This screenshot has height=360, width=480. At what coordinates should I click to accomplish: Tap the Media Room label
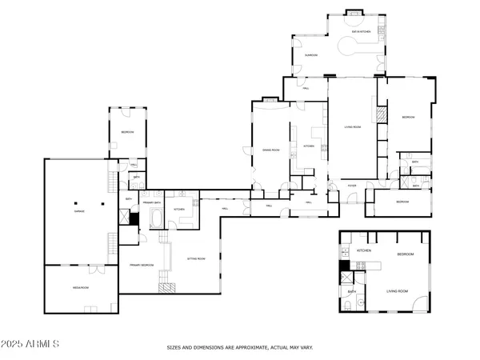tap(80, 285)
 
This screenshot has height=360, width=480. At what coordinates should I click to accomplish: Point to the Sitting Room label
tap(196, 258)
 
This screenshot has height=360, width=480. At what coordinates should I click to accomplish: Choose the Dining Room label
tap(270, 150)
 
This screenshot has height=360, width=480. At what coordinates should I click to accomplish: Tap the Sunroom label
tap(311, 54)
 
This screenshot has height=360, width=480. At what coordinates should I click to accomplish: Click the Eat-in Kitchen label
tap(360, 31)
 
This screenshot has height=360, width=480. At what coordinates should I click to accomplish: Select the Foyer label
tap(351, 186)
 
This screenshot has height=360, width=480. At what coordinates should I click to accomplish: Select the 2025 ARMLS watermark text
tap(30, 344)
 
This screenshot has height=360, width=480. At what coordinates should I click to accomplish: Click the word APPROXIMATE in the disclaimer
tap(257, 347)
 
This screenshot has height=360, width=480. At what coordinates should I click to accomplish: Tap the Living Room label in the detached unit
tap(398, 291)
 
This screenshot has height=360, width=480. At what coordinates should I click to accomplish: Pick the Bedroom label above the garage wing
tap(127, 131)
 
